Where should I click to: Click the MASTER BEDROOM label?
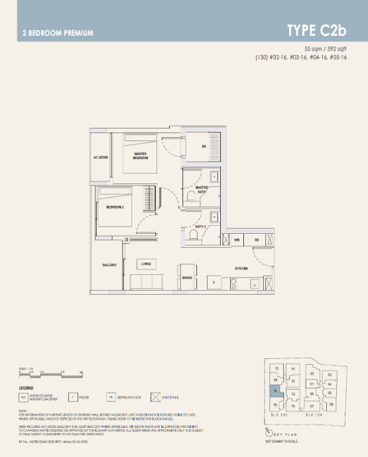(x=140, y=156)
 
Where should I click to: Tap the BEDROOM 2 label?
(x=115, y=207)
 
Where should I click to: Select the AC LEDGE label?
(x=100, y=158)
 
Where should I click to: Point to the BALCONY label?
(x=109, y=265)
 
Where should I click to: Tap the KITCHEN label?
(x=241, y=269)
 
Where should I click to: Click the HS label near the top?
(x=204, y=146)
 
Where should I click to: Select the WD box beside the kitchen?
(x=237, y=240)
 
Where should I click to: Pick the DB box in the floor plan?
(x=256, y=240)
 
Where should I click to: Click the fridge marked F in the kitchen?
(x=214, y=281)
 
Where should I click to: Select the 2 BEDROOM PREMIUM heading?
(x=58, y=32)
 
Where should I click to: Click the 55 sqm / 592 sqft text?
(x=326, y=49)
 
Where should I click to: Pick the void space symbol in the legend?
(x=157, y=398)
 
